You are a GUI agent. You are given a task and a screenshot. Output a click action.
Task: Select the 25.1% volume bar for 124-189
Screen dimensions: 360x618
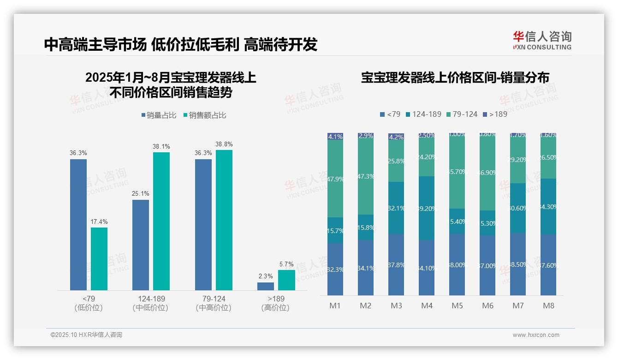(141, 245)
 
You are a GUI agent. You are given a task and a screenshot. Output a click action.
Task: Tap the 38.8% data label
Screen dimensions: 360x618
(224, 144)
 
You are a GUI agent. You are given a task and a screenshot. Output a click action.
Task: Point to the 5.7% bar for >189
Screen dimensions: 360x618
(286, 280)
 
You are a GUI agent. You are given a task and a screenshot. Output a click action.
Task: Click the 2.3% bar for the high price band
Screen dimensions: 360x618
(266, 286)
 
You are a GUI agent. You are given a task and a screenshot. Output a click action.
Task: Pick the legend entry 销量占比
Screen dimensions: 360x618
(159, 115)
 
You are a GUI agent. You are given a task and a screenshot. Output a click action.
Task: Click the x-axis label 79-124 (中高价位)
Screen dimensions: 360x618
(214, 303)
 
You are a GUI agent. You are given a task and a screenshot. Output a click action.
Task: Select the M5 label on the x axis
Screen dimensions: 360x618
(457, 306)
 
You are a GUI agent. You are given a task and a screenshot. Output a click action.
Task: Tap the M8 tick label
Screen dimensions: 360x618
(548, 306)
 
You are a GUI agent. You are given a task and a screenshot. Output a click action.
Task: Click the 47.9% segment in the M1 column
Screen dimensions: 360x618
(335, 179)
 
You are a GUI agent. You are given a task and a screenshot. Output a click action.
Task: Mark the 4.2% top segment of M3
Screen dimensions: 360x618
(396, 137)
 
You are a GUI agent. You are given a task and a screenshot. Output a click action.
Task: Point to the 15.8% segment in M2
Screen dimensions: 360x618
(366, 227)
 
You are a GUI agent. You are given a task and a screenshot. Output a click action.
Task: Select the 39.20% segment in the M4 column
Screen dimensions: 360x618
(427, 208)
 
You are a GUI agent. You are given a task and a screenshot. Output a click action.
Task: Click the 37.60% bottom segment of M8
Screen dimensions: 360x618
(548, 265)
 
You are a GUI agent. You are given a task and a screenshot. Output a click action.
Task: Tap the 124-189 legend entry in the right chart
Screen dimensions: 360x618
(423, 114)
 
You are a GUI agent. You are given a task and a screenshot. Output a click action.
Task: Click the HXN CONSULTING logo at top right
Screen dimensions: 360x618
(542, 41)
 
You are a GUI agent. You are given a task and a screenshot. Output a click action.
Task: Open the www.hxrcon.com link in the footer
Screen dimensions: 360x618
(536, 335)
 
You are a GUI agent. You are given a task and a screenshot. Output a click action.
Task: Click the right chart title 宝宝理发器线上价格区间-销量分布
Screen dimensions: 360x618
(455, 78)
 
